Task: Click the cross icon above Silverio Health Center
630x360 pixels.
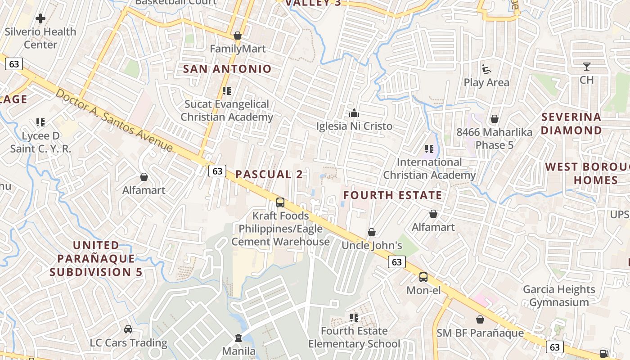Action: click(40, 18)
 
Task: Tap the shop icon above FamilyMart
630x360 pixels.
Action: click(238, 36)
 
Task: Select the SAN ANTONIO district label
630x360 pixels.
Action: click(227, 69)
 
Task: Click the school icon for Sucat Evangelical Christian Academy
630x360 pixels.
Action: click(227, 91)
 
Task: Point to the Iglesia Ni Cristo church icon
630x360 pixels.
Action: click(354, 113)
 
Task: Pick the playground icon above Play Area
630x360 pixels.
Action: click(486, 69)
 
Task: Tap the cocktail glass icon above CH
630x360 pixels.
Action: click(586, 67)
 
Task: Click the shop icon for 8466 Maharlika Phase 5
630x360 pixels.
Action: click(494, 119)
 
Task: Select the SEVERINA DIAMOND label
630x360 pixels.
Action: click(571, 124)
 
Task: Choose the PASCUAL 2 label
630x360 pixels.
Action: click(269, 175)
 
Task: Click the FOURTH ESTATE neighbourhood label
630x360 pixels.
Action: click(393, 195)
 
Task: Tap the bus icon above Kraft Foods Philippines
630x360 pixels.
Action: click(280, 202)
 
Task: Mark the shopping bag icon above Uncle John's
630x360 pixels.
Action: click(372, 232)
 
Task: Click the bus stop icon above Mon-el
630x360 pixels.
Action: click(423, 277)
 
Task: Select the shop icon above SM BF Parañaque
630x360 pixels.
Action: click(480, 319)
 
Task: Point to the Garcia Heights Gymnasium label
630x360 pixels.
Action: click(559, 296)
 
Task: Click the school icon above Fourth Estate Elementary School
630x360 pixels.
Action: click(354, 318)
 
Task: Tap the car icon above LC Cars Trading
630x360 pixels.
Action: click(128, 329)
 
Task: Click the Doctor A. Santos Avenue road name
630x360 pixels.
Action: click(114, 120)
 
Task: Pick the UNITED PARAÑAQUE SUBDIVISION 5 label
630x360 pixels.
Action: click(96, 259)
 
